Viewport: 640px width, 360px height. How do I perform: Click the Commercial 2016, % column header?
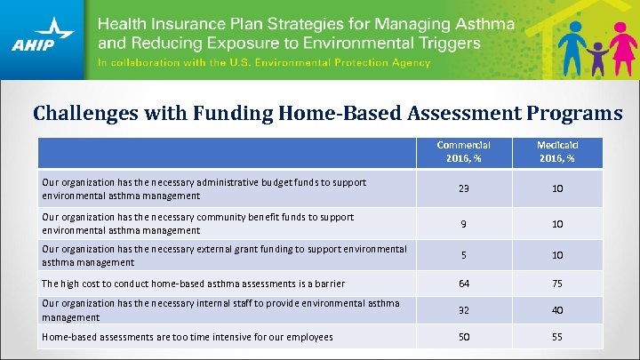[464, 151]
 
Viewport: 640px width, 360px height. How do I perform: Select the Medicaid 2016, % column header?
[556, 151]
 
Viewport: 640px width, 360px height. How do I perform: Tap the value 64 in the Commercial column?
[464, 284]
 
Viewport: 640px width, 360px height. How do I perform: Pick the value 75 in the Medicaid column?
[556, 284]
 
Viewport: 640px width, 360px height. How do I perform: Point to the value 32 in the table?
[464, 311]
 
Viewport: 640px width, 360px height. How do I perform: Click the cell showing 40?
[556, 311]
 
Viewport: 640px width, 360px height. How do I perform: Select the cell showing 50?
[464, 338]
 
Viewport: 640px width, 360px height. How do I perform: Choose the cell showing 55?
[556, 338]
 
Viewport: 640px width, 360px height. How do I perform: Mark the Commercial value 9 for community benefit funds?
[464, 224]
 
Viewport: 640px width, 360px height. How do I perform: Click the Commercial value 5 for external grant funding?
[464, 256]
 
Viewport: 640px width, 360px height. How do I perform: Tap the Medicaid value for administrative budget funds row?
[556, 188]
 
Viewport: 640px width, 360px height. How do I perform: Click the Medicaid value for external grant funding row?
[556, 256]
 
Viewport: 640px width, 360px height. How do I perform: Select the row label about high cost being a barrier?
[193, 284]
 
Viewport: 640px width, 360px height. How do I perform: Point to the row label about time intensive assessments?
[188, 337]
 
